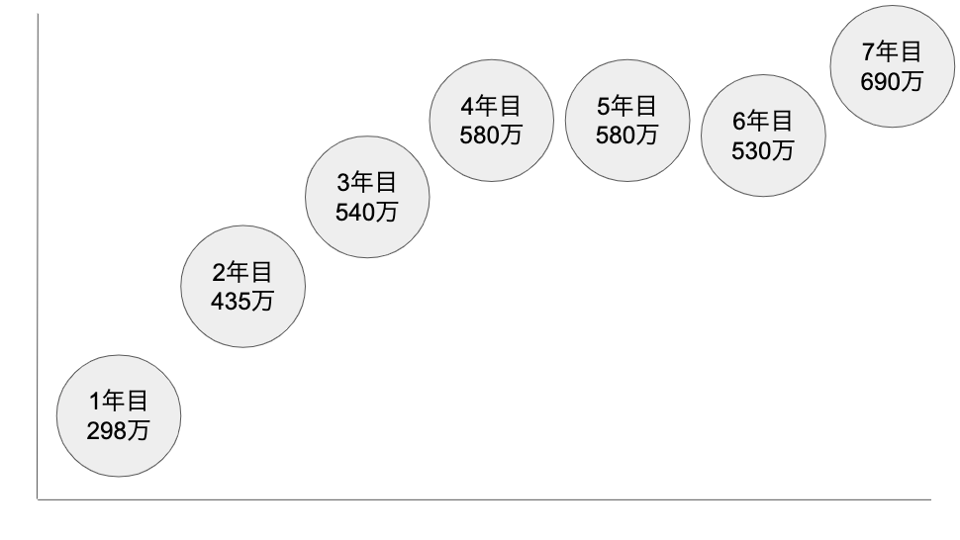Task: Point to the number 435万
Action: click(x=241, y=301)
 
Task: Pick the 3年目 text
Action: click(x=366, y=182)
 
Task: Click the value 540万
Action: click(x=366, y=212)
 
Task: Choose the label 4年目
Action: click(x=491, y=106)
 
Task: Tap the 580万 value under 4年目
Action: click(x=491, y=135)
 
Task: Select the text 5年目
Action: click(x=626, y=106)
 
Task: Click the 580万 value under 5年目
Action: click(x=626, y=135)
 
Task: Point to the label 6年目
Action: click(x=763, y=122)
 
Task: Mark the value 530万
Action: click(x=763, y=151)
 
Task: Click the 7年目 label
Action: click(x=892, y=52)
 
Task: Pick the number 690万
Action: click(x=892, y=82)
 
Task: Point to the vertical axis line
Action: click(x=38, y=247)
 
